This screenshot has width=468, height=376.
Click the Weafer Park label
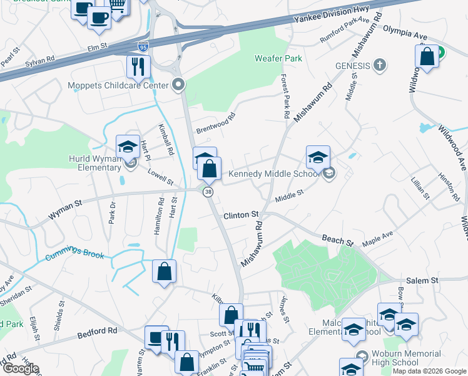[x=278, y=58]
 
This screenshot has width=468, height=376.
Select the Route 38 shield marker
[x=207, y=192]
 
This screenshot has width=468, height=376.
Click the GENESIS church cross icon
[x=379, y=65]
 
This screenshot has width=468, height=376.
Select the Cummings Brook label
[x=74, y=256]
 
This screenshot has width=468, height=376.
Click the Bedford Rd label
[x=97, y=331]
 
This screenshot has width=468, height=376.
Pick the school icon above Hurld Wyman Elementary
[x=128, y=146]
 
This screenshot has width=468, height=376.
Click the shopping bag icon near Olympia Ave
[x=427, y=56]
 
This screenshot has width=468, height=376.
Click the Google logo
[x=20, y=368]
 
